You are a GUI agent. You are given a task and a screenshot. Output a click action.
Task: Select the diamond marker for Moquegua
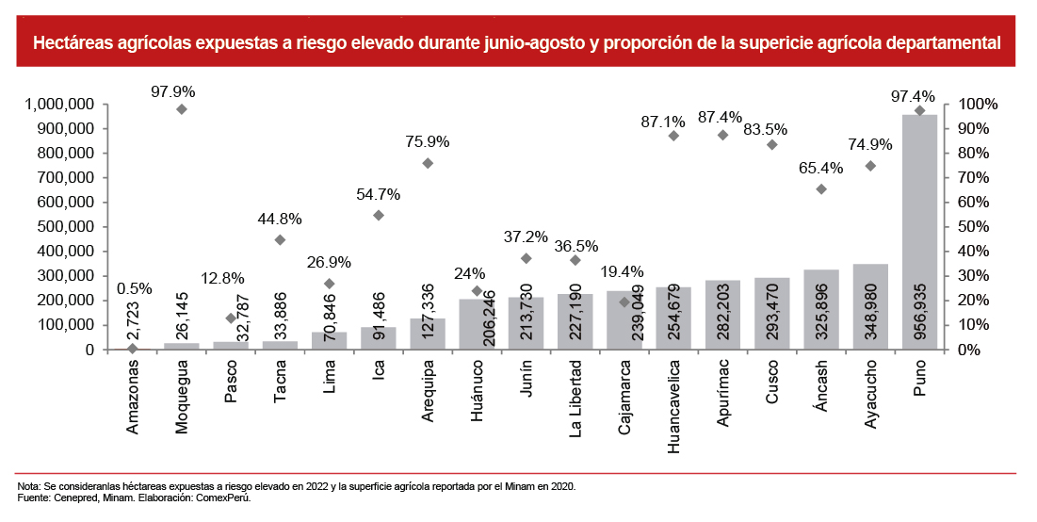tap(182, 109)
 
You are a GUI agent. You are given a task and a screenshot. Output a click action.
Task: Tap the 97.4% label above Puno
tap(913, 96)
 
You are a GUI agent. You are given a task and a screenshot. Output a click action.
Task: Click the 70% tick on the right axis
tap(971, 178)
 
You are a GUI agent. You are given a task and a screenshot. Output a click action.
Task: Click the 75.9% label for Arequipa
tap(429, 141)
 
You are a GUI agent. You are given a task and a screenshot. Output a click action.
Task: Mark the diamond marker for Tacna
tap(280, 240)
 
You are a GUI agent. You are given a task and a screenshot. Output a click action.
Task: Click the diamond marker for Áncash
tap(821, 189)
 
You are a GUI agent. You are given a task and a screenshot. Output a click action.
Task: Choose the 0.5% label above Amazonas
tap(134, 288)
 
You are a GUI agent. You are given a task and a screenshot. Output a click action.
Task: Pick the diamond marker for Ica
tap(379, 215)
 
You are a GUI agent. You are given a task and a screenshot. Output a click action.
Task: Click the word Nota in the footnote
tap(29, 486)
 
